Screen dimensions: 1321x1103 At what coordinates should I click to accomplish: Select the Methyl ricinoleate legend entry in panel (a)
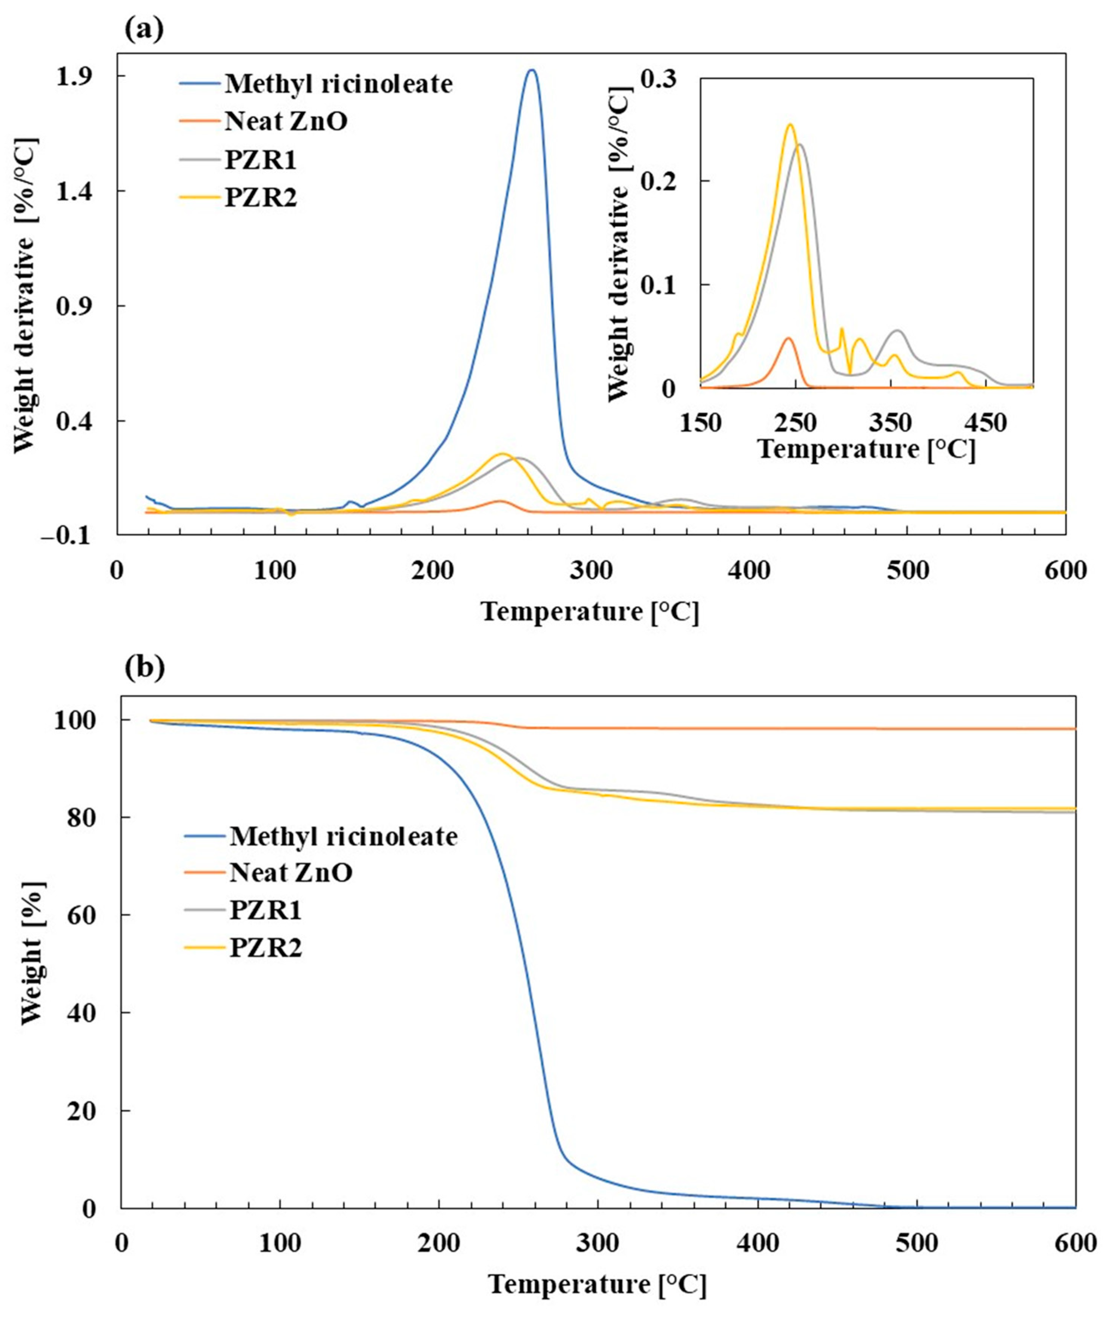click(338, 84)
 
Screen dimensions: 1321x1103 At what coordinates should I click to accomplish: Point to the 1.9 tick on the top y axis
click(78, 76)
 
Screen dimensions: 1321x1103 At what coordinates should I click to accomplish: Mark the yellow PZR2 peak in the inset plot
click(790, 124)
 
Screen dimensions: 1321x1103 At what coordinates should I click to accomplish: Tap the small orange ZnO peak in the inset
click(787, 338)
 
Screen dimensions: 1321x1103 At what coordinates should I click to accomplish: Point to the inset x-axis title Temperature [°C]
click(867, 450)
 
